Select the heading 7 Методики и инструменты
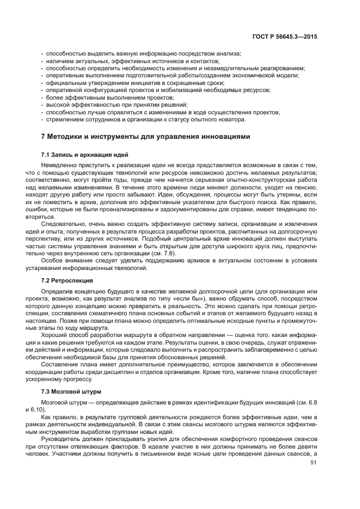[146, 137]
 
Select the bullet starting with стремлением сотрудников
[146, 119]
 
